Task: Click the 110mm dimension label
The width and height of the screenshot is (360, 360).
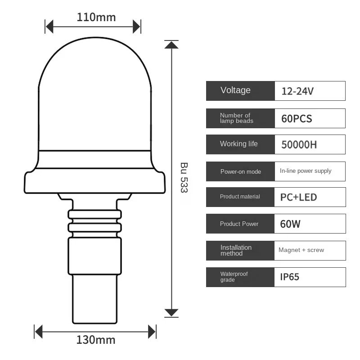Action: pyautogui.click(x=96, y=17)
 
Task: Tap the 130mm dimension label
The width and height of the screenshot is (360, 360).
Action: pyautogui.click(x=96, y=339)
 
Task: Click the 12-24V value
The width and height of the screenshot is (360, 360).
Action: pyautogui.click(x=297, y=91)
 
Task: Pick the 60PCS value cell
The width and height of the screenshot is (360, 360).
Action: pyautogui.click(x=297, y=119)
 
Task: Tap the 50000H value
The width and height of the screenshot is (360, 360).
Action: pyautogui.click(x=299, y=145)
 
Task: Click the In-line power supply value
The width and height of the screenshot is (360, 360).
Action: pyautogui.click(x=306, y=171)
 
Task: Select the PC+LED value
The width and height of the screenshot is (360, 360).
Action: pyautogui.click(x=298, y=197)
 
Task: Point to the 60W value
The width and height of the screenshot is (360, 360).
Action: pyautogui.click(x=290, y=224)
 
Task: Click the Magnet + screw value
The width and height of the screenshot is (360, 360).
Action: pyautogui.click(x=301, y=250)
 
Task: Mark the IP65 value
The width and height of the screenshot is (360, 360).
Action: pyautogui.click(x=290, y=277)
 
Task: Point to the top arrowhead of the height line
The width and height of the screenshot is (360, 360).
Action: pyautogui.click(x=171, y=44)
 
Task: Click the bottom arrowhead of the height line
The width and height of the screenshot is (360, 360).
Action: pyautogui.click(x=171, y=312)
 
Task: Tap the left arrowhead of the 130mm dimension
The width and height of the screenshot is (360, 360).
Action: pyautogui.click(x=39, y=333)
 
